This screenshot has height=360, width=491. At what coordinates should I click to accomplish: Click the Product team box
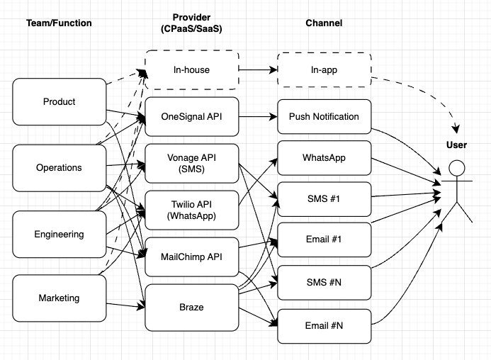pos(60,102)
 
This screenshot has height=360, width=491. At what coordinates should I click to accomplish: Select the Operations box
pos(60,168)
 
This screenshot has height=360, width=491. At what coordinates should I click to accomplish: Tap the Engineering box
pos(60,235)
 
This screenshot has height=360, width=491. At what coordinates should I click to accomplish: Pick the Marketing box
pos(60,298)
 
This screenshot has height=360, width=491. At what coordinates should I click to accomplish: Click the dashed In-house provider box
pos(192,70)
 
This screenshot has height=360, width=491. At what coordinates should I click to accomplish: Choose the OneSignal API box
pos(192,116)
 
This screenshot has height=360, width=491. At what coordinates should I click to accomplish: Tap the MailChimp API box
pos(192,257)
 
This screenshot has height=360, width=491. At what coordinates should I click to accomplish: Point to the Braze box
pos(192,308)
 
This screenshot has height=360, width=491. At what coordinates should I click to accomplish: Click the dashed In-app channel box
pos(324,70)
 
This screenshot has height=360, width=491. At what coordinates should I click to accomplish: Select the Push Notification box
pos(324,116)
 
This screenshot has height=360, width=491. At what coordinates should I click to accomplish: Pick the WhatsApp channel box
pos(324,157)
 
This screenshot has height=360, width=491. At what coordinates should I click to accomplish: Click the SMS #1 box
pos(324,198)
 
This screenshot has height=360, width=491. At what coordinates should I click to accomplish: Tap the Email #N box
pos(324,327)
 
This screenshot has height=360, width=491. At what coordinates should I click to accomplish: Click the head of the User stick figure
pos(457,168)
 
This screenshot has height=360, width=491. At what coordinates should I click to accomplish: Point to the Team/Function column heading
pos(60,23)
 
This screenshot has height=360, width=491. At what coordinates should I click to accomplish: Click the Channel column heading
pos(324,23)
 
